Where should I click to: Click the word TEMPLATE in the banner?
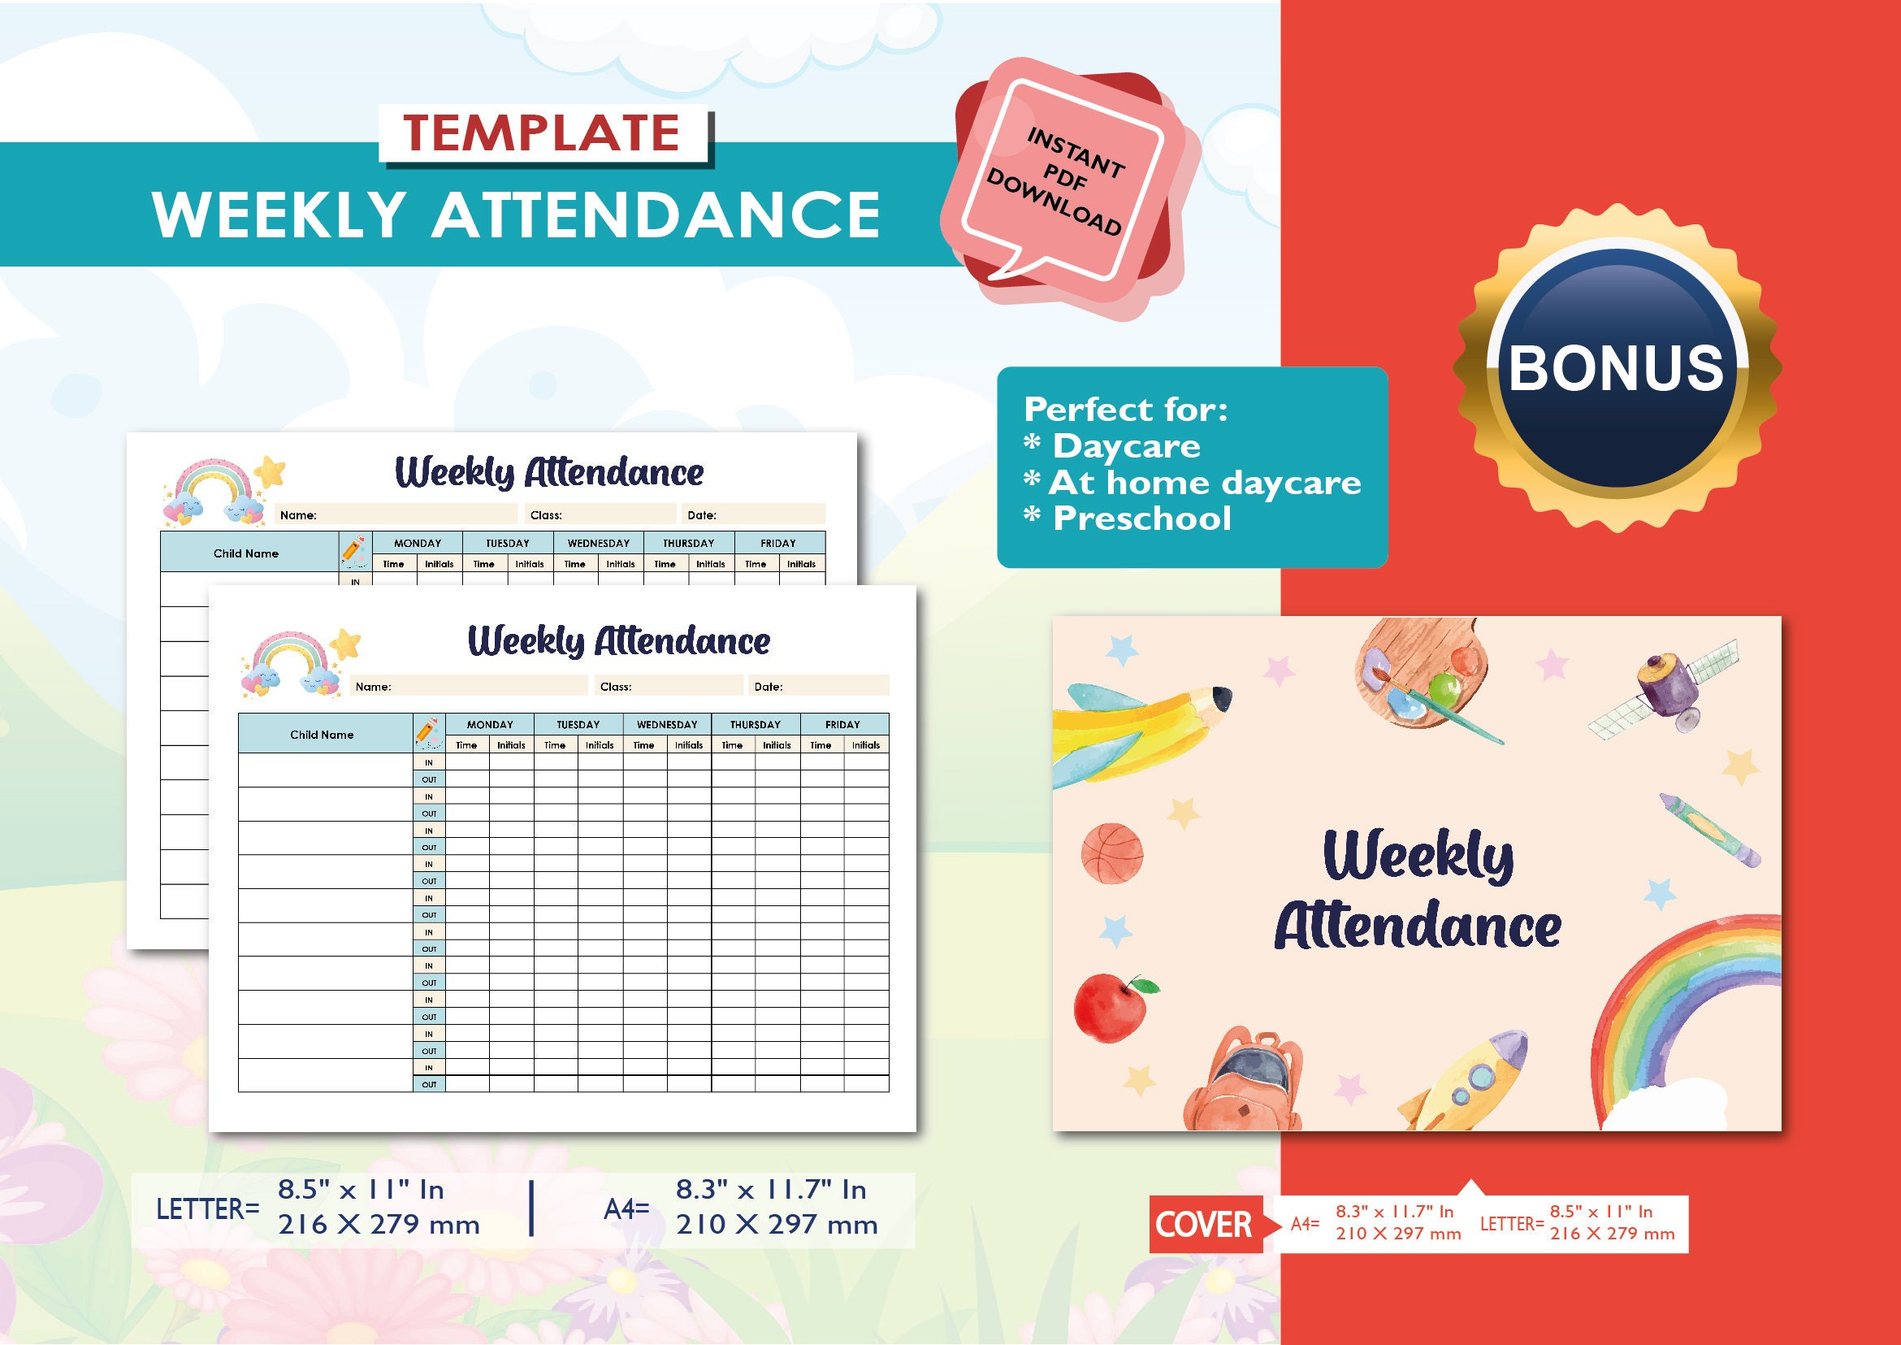pyautogui.click(x=542, y=133)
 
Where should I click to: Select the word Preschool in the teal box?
pyautogui.click(x=1141, y=519)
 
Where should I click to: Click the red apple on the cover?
pyautogui.click(x=1112, y=1005)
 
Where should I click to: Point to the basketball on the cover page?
pyautogui.click(x=1112, y=853)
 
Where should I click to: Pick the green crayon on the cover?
pyautogui.click(x=1709, y=829)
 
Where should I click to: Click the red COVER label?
pyautogui.click(x=1204, y=1224)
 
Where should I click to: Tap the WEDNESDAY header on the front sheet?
pyautogui.click(x=666, y=725)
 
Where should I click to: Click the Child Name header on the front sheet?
pyautogui.click(x=321, y=735)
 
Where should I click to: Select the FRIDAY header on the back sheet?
pyautogui.click(x=777, y=544)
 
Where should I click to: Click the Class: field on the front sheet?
pyautogui.click(x=667, y=687)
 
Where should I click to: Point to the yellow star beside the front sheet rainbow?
pyautogui.click(x=347, y=643)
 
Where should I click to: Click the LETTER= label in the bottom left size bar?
pyautogui.click(x=208, y=1209)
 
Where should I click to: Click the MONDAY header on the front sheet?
pyautogui.click(x=489, y=725)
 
